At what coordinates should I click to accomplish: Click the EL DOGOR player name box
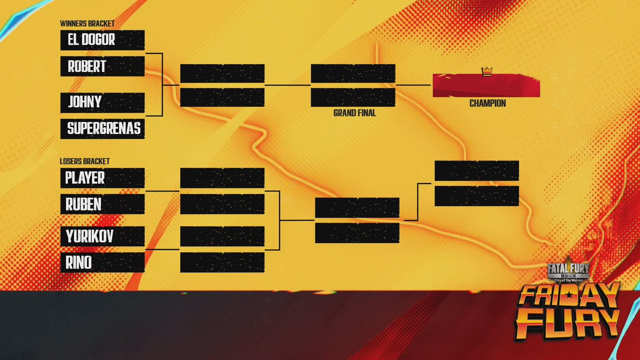[x=102, y=40]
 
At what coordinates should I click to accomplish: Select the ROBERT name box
[x=102, y=67]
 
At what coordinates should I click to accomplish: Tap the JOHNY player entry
[x=102, y=102]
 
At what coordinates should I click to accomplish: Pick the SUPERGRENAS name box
[x=102, y=129]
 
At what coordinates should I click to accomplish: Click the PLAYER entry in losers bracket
[x=102, y=178]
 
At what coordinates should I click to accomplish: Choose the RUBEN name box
[x=102, y=204]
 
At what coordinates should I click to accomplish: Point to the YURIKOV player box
[x=102, y=236]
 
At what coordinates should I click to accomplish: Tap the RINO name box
[x=102, y=262]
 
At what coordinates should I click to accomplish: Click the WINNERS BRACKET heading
[x=87, y=24]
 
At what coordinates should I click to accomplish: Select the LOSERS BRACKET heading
[x=85, y=161]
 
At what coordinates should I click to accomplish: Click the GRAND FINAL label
[x=355, y=113]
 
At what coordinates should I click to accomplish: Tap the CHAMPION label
[x=487, y=103]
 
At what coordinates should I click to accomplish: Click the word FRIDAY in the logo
[x=570, y=297]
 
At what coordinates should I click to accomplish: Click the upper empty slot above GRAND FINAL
[x=353, y=74]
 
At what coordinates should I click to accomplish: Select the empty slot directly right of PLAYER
[x=222, y=178]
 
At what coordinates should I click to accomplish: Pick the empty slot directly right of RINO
[x=222, y=262]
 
